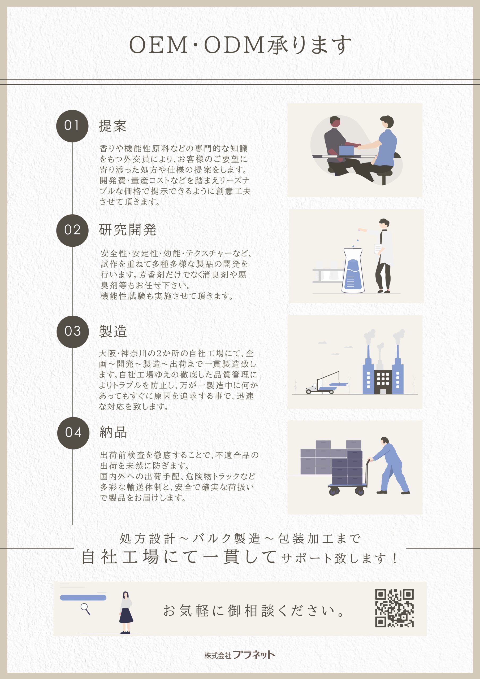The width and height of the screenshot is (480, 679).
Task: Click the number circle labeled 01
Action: [x=72, y=126]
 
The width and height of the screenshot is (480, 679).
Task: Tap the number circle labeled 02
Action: [x=72, y=230]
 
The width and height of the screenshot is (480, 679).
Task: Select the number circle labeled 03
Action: [x=73, y=332]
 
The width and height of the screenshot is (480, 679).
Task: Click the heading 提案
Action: [x=113, y=126]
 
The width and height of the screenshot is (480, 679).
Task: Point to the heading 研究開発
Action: [x=128, y=230]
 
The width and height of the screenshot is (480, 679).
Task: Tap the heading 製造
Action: [x=113, y=331]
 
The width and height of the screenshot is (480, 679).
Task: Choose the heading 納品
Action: [x=113, y=432]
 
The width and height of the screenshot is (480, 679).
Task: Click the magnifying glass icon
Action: [x=85, y=609]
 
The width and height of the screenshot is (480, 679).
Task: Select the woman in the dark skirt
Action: [x=126, y=612]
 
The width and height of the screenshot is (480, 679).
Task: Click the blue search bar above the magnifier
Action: [x=83, y=598]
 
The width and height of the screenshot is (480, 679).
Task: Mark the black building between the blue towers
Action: [x=383, y=382]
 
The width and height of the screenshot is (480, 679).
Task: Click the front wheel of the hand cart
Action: [x=360, y=491]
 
